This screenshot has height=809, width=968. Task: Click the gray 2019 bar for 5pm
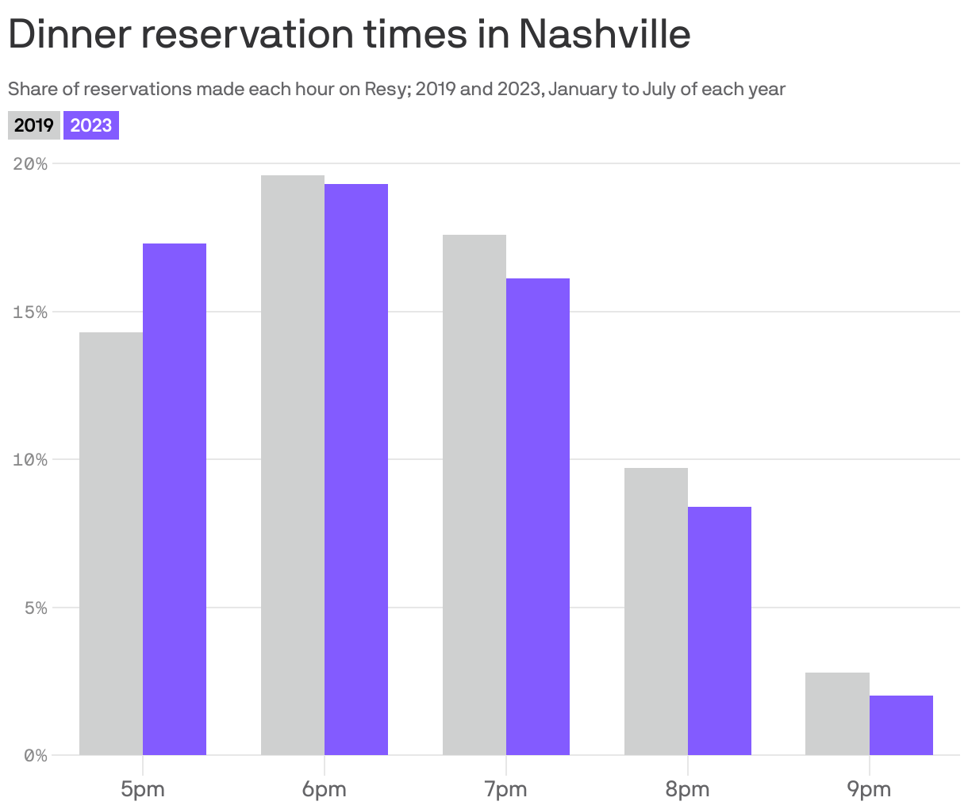[x=111, y=543]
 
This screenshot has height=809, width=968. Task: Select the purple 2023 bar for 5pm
[x=175, y=499]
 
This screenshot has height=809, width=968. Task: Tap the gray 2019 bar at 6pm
[x=293, y=465]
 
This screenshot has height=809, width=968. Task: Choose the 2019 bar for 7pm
[x=474, y=495]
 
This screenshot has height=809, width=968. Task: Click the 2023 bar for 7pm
[x=538, y=516]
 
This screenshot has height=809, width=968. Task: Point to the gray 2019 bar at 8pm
[x=656, y=612]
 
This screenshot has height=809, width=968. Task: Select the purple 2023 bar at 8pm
[x=720, y=631]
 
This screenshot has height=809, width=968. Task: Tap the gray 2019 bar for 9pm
[x=837, y=714]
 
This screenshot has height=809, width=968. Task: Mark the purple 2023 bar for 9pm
[x=901, y=725]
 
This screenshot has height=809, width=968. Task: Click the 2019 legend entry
[x=34, y=125]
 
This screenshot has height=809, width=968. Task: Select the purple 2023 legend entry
[x=91, y=125]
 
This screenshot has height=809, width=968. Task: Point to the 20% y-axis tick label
[x=30, y=164]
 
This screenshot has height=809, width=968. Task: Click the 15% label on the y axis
[x=30, y=312]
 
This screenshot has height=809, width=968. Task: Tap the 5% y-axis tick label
[x=35, y=608]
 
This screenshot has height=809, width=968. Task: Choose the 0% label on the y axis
[x=35, y=756]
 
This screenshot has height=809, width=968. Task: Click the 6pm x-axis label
[x=325, y=789]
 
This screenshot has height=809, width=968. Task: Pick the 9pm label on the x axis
[x=869, y=789]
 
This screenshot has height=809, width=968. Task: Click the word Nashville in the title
[x=605, y=34]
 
